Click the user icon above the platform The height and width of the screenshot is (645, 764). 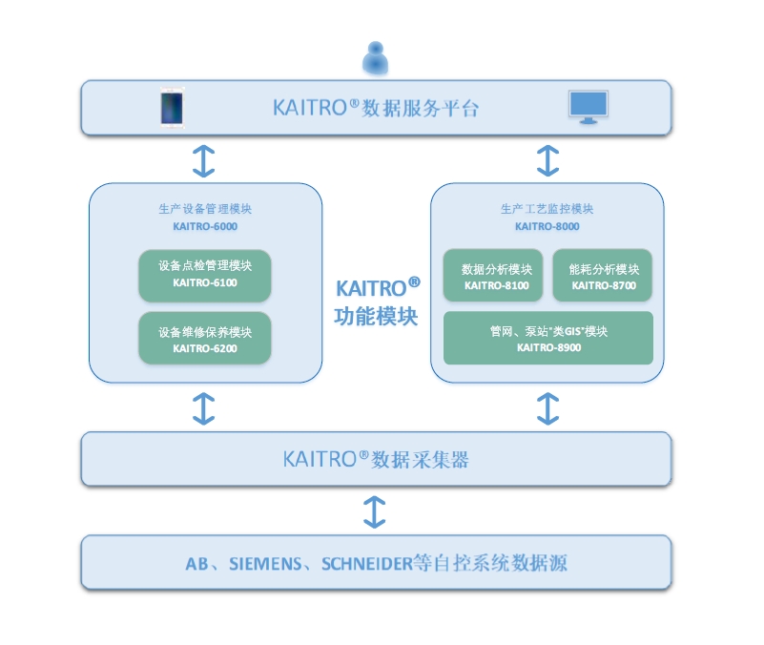[x=376, y=57]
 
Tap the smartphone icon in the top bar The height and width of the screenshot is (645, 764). [x=173, y=107]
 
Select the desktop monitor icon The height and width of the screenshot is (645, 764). [x=588, y=107]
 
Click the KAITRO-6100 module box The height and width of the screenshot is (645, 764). [x=205, y=275]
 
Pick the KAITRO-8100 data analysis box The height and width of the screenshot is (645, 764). [x=495, y=277]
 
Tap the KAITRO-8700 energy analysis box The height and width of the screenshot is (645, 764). [x=603, y=277]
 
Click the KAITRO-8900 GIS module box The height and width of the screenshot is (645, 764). [x=548, y=338]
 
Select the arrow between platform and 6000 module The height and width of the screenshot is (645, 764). [x=204, y=160]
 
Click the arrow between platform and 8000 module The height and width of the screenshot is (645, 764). [x=547, y=160]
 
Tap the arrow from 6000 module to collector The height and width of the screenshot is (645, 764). [x=204, y=407]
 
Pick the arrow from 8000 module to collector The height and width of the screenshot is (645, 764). [x=547, y=407]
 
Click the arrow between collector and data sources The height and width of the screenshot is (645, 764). [x=376, y=510]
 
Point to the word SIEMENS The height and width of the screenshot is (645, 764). [x=263, y=563]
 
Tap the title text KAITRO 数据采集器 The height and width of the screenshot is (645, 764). [x=376, y=459]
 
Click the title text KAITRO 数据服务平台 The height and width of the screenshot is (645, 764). [x=376, y=108]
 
